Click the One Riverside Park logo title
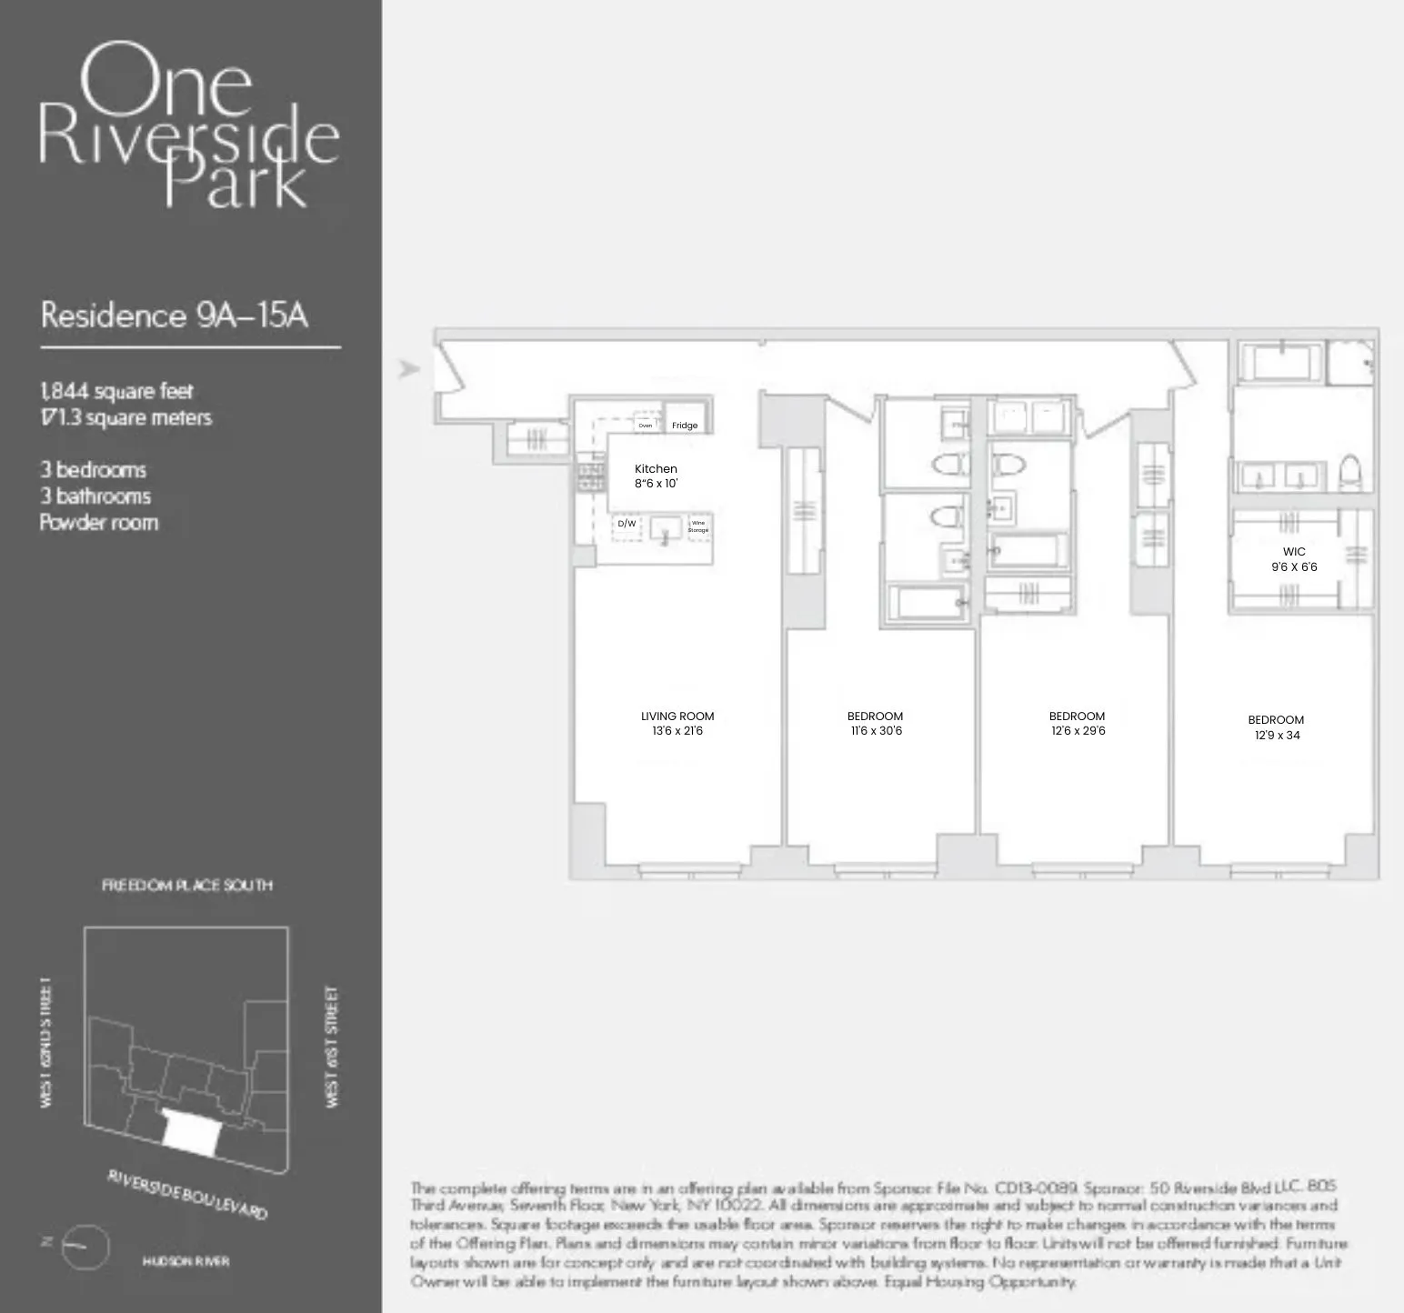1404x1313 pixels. [x=189, y=125]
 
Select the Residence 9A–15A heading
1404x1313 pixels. [x=175, y=316]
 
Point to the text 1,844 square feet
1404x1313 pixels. [x=116, y=391]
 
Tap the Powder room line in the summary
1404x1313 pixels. [x=99, y=523]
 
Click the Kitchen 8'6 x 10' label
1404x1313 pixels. [x=656, y=476]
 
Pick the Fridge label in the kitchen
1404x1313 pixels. [x=685, y=426]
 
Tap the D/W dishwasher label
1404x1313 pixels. [x=627, y=524]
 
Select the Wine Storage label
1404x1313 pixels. [x=698, y=526]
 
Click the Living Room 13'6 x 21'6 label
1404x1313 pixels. [x=677, y=723]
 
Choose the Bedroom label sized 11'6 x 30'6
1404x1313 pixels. [x=876, y=723]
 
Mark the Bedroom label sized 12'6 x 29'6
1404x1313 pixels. [x=1078, y=723]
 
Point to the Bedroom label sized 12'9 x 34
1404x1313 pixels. [x=1277, y=727]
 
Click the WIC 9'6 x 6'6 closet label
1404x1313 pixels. [x=1294, y=558]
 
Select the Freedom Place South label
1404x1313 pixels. [x=186, y=885]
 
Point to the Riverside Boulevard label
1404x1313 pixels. [x=188, y=1194]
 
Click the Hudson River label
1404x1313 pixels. [x=186, y=1261]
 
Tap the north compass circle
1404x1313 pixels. [x=85, y=1247]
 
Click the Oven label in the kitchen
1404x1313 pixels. [x=645, y=426]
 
